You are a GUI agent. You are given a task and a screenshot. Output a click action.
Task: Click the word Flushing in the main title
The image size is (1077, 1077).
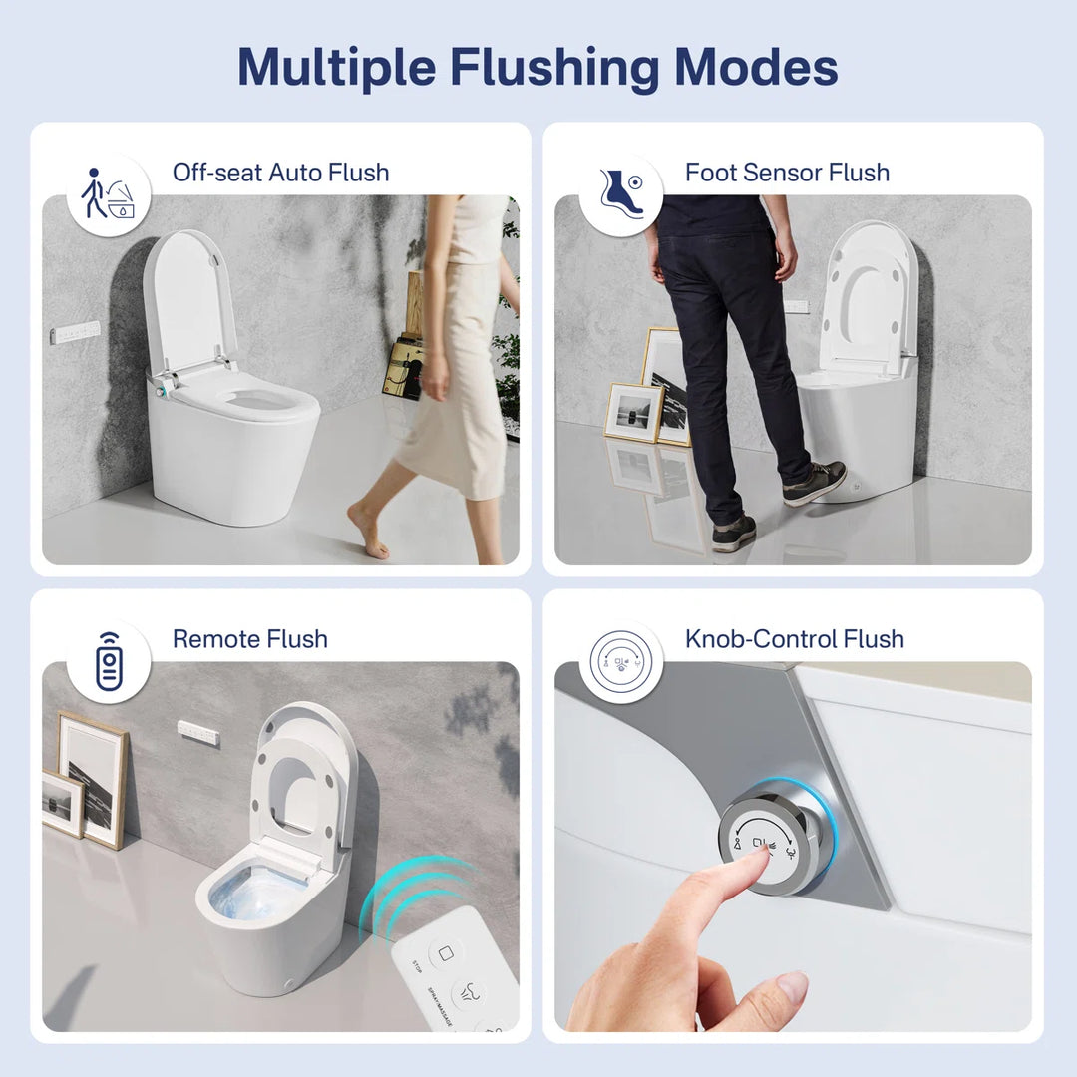click(554, 67)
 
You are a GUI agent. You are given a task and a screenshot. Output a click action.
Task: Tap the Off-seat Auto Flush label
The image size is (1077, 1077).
click(280, 172)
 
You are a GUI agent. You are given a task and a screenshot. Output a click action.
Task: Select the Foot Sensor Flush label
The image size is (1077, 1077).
click(787, 172)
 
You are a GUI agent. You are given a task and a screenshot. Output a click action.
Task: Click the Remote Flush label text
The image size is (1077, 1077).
click(249, 638)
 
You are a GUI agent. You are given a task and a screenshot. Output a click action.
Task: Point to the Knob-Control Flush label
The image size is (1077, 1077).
click(794, 638)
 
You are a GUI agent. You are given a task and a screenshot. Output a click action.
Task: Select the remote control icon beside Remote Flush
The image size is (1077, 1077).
click(108, 662)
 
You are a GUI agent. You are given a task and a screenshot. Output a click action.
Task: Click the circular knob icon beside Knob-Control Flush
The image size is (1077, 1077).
click(620, 661)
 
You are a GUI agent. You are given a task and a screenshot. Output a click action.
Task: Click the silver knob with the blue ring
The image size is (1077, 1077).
click(773, 836)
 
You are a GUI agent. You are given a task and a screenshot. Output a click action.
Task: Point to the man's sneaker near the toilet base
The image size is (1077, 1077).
click(815, 484)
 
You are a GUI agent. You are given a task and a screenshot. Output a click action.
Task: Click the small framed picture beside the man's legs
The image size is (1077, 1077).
click(634, 411)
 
